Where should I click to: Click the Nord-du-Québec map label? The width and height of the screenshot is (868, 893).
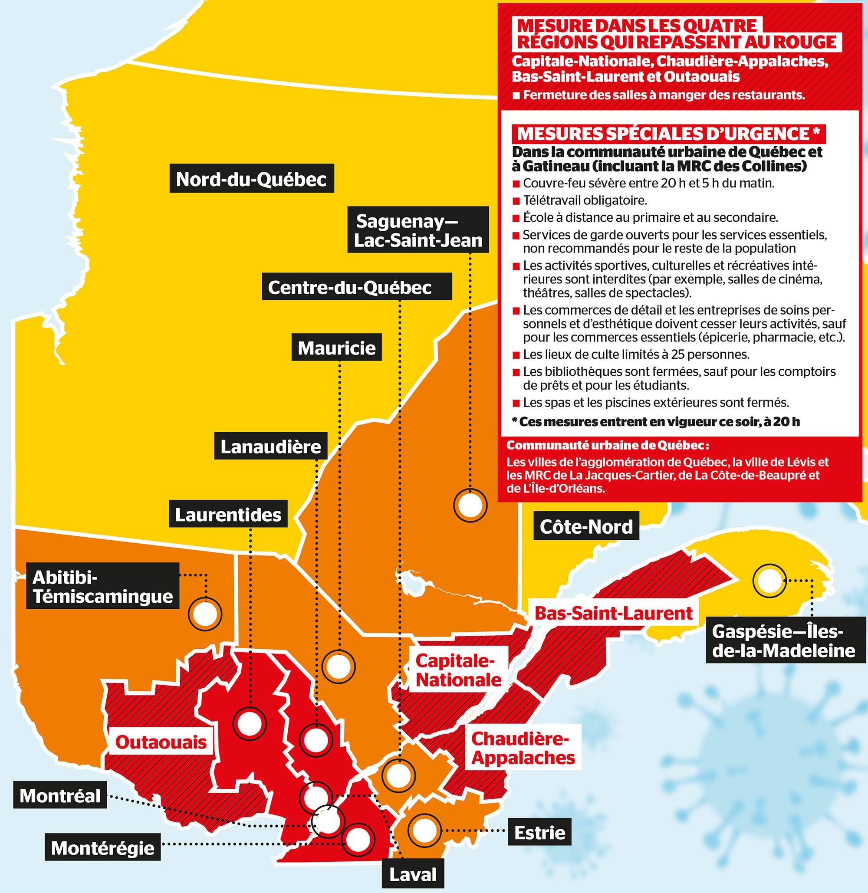coord(251,179)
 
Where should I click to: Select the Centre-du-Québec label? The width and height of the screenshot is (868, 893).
coord(350,287)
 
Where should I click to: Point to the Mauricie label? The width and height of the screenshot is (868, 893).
coord(336,348)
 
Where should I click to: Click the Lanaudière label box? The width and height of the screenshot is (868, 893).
coord(271,446)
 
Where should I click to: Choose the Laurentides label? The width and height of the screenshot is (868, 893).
coord(228,515)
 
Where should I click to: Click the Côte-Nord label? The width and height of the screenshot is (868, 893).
coord(586,526)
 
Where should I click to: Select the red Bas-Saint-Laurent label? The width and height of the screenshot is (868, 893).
coord(613,613)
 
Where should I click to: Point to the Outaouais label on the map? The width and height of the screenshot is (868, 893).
coord(161,742)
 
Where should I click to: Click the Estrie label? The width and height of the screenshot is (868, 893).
coord(539,833)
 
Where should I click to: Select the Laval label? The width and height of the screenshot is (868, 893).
coord(413,875)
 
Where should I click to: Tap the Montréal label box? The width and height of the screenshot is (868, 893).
coord(60,796)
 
